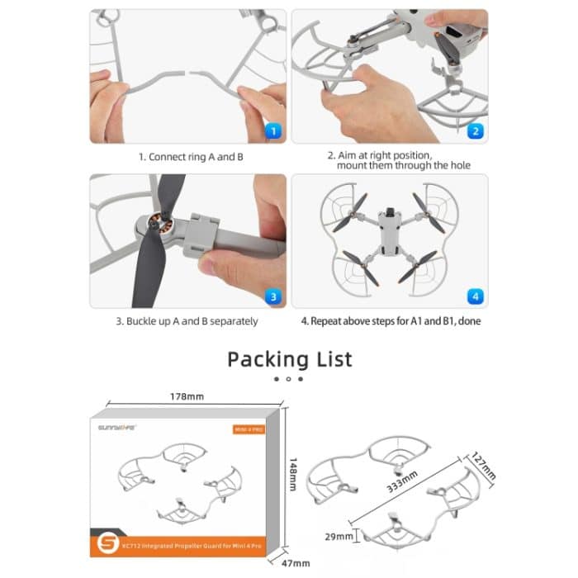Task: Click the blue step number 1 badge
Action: [274, 130]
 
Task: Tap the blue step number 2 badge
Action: [475, 130]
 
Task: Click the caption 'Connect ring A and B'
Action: [190, 156]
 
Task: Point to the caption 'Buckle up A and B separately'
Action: [187, 321]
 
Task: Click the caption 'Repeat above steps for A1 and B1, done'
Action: [391, 321]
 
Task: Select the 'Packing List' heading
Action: [289, 359]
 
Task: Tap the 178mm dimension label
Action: [187, 397]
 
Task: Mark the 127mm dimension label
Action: [484, 465]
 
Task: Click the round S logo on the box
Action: [113, 544]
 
